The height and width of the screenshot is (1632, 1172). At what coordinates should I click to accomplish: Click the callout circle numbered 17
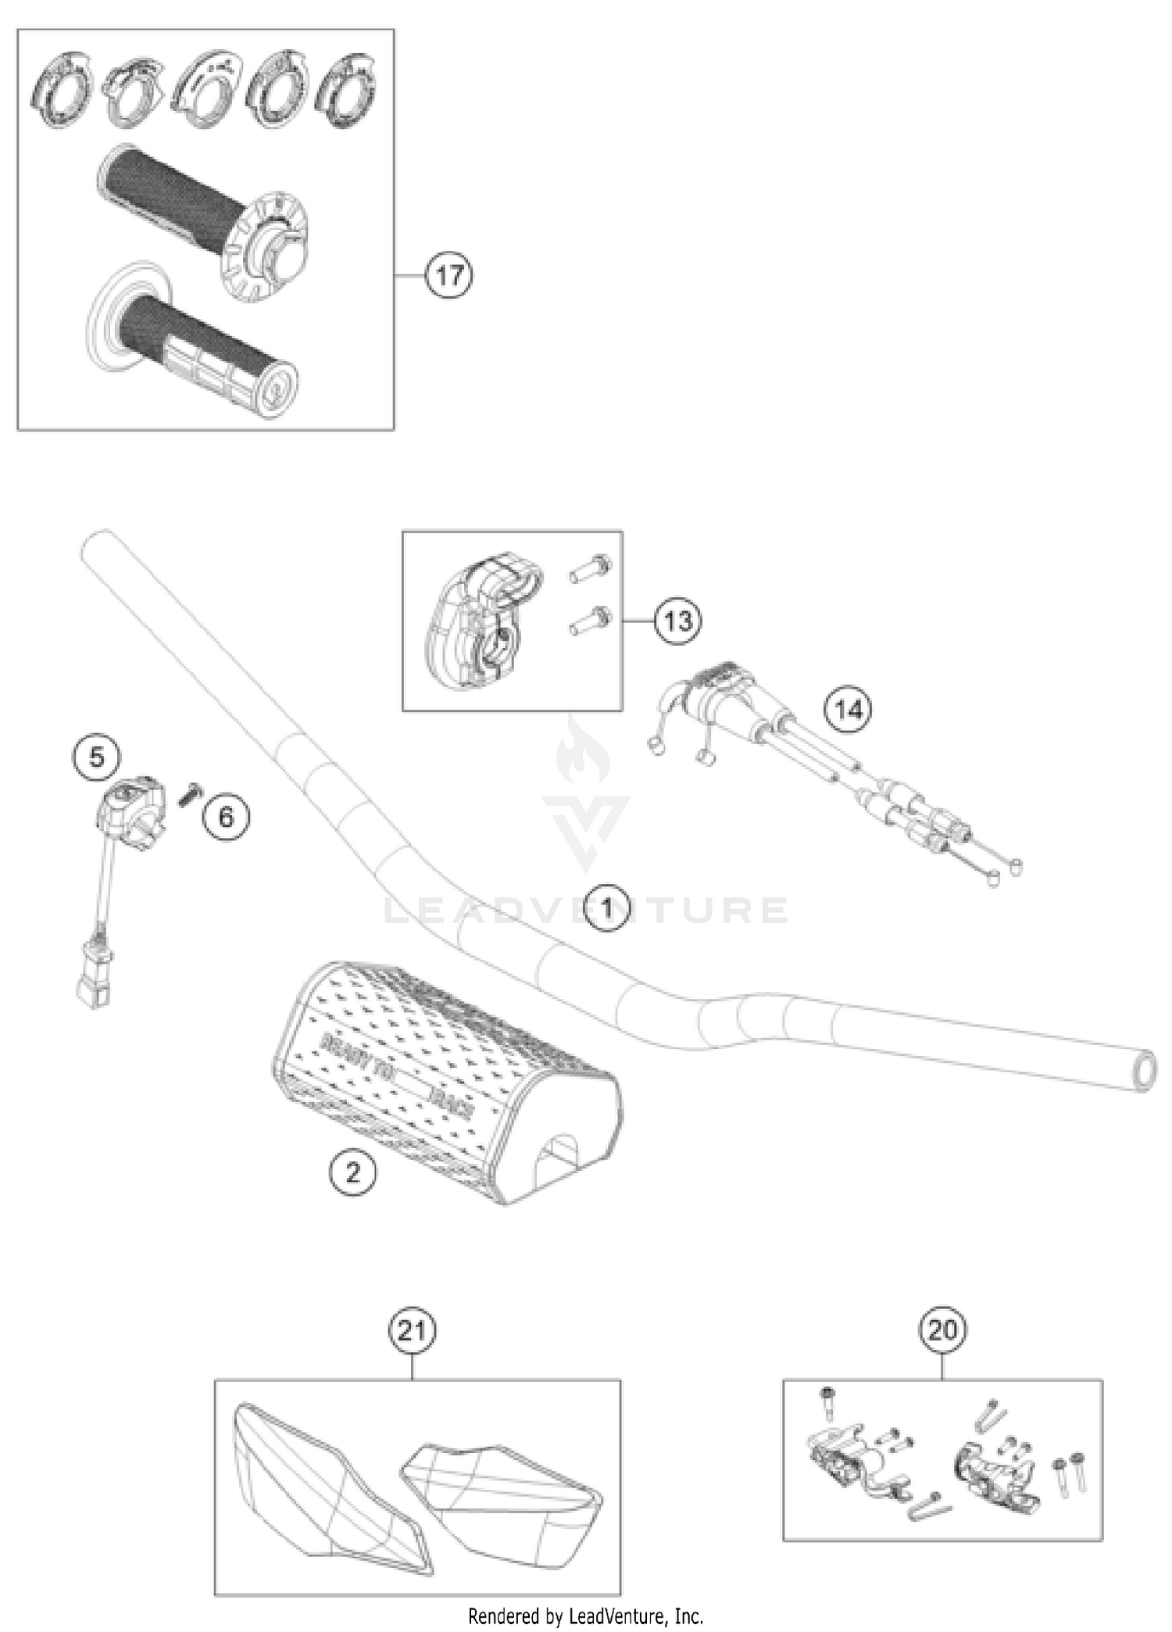pyautogui.click(x=449, y=276)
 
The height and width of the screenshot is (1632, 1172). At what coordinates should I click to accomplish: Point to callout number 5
pyautogui.click(x=97, y=757)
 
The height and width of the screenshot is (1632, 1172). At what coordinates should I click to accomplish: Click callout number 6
pyautogui.click(x=226, y=817)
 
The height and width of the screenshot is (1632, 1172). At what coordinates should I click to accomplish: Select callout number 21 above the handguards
pyautogui.click(x=412, y=1330)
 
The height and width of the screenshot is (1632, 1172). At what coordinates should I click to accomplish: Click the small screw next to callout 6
pyautogui.click(x=188, y=796)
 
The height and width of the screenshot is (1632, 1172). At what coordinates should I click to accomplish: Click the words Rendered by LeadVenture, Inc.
pyautogui.click(x=585, y=1615)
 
